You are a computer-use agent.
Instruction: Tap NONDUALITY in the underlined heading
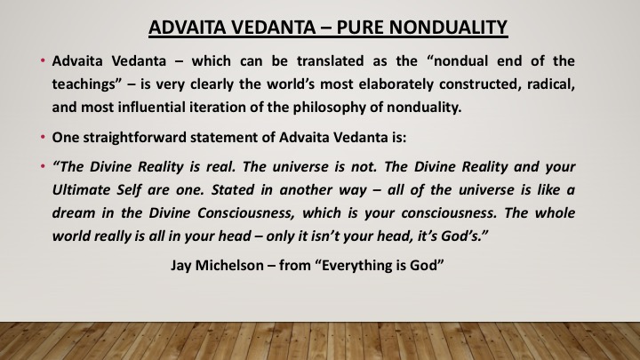448,28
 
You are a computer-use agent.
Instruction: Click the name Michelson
229,265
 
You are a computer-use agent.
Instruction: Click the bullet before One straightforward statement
43,137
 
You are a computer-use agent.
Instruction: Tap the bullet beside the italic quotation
43,166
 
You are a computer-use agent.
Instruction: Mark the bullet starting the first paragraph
43,60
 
